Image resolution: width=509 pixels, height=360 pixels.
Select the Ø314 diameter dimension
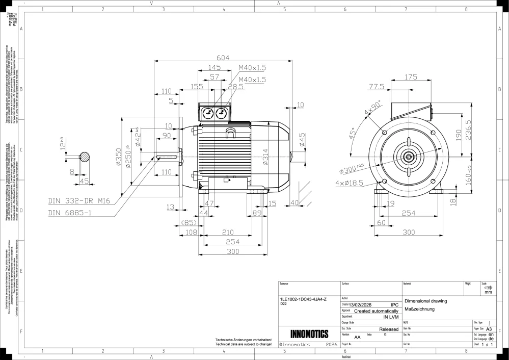(x=265, y=159)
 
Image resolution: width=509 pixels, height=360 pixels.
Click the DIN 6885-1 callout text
(x=70, y=212)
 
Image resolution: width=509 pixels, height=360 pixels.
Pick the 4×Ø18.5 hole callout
(x=350, y=183)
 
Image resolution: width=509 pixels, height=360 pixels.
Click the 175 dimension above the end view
(x=411, y=77)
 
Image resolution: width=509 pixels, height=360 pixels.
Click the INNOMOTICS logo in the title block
(x=309, y=335)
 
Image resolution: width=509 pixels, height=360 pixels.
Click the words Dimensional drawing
(x=425, y=301)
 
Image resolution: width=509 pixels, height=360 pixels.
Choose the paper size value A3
(x=489, y=329)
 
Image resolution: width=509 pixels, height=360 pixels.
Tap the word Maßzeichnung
(x=419, y=310)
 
